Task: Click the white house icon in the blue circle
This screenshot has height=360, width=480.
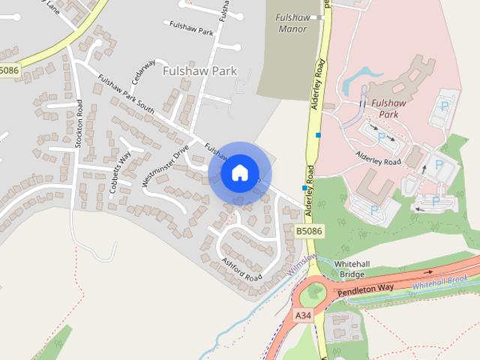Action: [x=239, y=172]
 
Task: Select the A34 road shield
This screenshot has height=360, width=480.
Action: [x=303, y=316]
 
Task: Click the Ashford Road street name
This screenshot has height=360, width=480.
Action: [x=241, y=268]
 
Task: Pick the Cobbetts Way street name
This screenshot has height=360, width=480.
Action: [x=120, y=173]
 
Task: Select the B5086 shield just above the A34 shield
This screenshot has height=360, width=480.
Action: [x=308, y=232]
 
